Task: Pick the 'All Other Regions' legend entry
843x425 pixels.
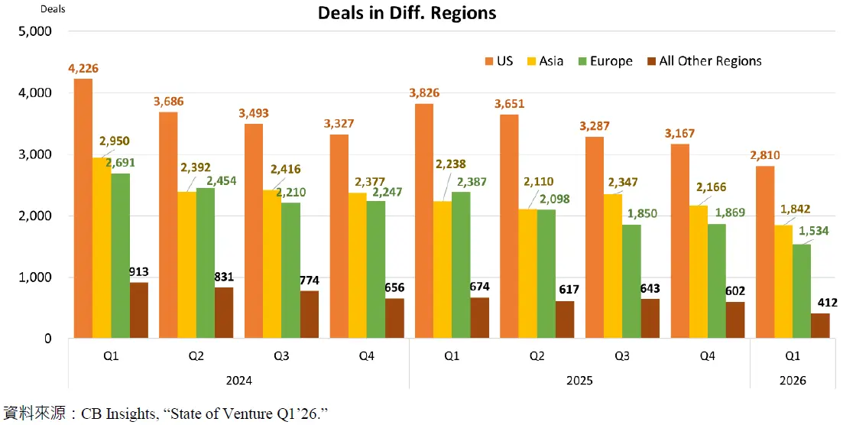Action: click(703, 61)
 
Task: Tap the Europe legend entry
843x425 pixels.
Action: click(604, 61)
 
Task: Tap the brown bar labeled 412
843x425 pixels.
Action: click(820, 326)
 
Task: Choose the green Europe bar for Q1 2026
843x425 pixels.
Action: click(801, 291)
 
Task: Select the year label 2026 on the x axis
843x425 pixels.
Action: click(792, 380)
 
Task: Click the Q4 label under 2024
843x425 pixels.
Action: click(367, 357)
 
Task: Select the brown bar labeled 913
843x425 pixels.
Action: click(139, 310)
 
